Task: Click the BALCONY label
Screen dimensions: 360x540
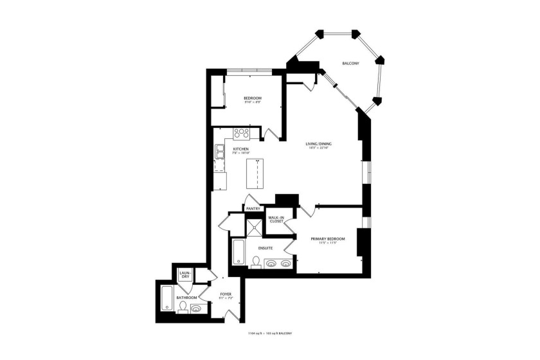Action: point(350,63)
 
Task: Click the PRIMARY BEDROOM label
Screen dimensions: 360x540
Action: point(328,239)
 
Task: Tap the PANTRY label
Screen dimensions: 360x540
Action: point(252,209)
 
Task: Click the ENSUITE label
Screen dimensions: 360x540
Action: point(265,248)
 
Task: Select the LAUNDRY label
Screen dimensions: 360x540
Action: point(184,274)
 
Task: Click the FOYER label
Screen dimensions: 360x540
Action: point(225,294)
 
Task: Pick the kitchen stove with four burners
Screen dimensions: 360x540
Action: point(241,134)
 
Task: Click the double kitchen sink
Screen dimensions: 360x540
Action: point(220,151)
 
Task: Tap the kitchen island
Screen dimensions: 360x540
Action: point(255,172)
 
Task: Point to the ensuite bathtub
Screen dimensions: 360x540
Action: point(237,252)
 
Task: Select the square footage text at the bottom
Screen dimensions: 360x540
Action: point(270,334)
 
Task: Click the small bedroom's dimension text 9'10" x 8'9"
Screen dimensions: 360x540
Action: point(252,102)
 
